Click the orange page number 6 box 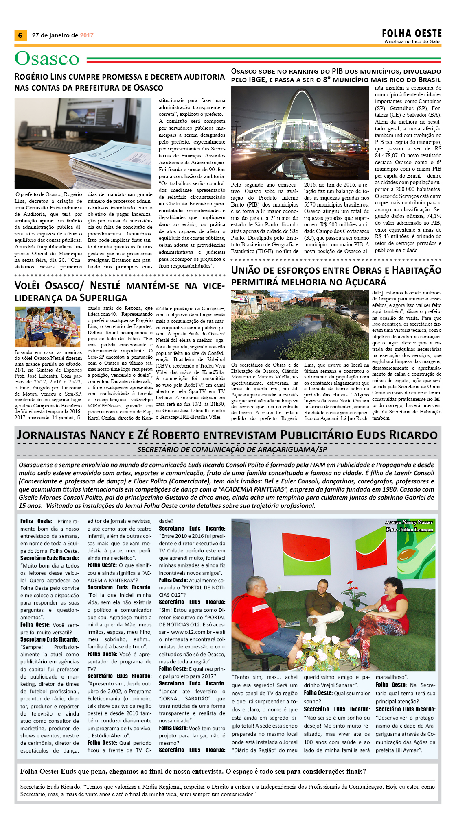(x=20, y=35)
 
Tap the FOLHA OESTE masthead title (x=412, y=33)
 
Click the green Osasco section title (x=47, y=59)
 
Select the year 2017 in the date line (x=87, y=35)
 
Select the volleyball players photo (x=47, y=326)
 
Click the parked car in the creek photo (x=345, y=311)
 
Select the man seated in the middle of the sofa (x=326, y=606)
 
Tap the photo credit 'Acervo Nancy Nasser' (x=409, y=522)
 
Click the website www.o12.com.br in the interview (x=188, y=632)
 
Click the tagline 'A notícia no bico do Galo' (x=412, y=41)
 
